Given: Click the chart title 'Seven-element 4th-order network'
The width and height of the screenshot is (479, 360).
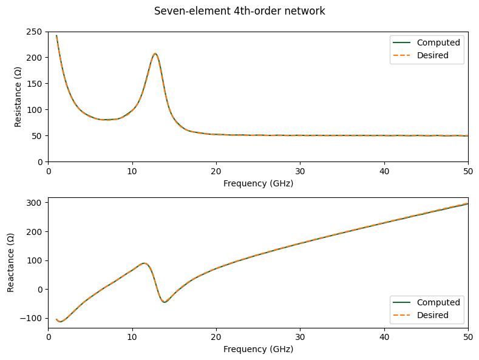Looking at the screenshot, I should point(239,11).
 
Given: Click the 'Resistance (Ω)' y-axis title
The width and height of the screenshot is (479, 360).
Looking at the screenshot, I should point(18,97).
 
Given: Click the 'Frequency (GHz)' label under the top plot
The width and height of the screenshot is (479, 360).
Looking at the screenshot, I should point(258,183).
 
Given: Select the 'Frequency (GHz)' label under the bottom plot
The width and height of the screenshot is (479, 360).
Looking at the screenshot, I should point(258,349).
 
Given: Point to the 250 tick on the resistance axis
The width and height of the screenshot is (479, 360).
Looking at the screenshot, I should point(35,32).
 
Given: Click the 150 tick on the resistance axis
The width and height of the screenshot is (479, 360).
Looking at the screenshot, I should point(35,84).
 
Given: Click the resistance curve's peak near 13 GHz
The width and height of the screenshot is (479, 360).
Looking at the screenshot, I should point(155,53).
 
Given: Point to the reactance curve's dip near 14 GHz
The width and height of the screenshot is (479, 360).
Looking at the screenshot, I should point(165,302).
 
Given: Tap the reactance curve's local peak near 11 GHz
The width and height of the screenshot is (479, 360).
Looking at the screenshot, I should point(144,263).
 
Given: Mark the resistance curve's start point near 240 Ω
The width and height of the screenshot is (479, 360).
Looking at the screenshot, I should point(56,36).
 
